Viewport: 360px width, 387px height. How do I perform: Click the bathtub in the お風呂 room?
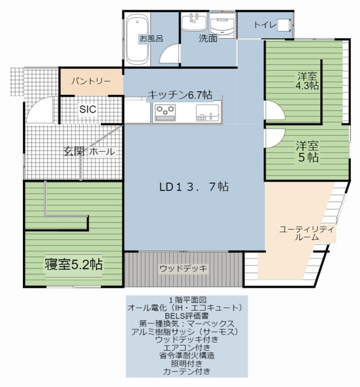point(137,39)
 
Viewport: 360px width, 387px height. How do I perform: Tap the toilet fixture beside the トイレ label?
point(285,25)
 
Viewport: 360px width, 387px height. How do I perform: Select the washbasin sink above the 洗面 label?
point(194,22)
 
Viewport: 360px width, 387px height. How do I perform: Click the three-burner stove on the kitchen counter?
point(165,113)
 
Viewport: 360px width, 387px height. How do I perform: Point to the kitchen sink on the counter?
point(208,113)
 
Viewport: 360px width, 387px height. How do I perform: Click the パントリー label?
point(91,81)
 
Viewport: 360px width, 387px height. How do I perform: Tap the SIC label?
point(88,109)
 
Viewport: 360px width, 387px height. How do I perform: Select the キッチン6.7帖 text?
point(180,95)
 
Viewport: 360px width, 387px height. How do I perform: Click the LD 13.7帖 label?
point(194,187)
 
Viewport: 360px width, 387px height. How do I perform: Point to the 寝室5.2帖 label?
point(74,264)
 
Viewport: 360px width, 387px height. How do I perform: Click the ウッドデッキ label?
point(183,268)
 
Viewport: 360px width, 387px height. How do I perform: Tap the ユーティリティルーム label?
point(307,233)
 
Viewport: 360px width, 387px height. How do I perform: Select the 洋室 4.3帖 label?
point(307,80)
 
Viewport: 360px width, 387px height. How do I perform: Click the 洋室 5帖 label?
point(307,152)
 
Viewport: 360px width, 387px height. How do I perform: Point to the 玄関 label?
point(74,151)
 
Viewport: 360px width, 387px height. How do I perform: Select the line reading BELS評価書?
point(187,316)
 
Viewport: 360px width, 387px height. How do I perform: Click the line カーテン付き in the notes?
point(187,371)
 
